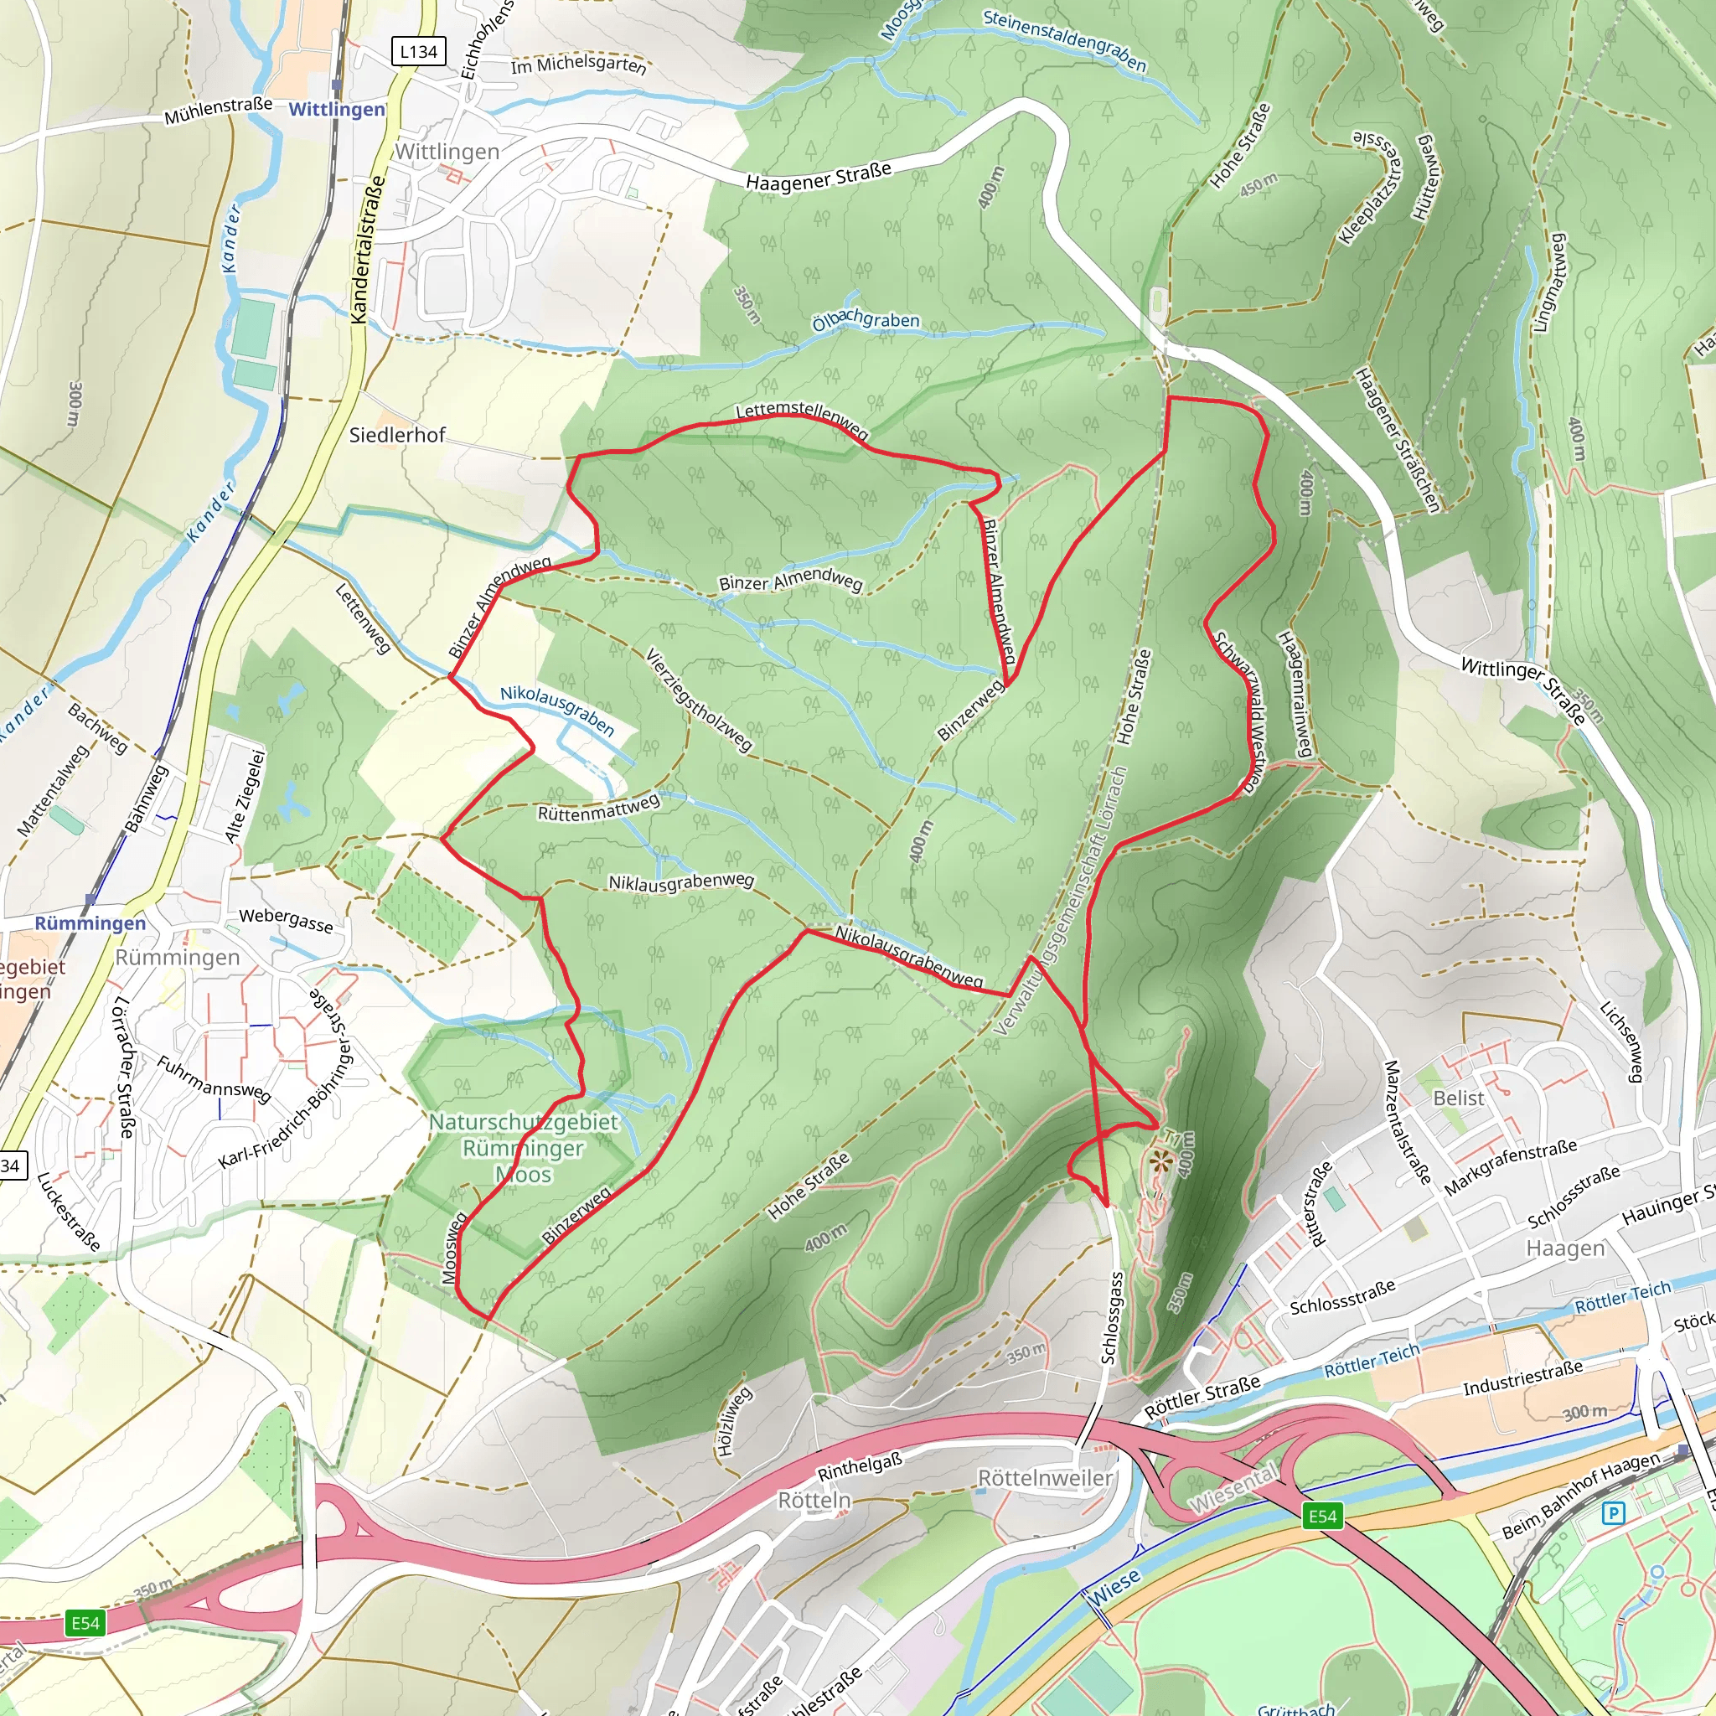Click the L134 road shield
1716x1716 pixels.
click(x=418, y=51)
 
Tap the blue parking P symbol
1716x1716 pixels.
click(x=1613, y=1512)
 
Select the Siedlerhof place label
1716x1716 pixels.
click(x=397, y=434)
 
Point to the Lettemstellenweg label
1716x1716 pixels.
click(x=802, y=418)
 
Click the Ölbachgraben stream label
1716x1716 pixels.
click(x=866, y=320)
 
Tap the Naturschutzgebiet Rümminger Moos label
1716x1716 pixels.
click(x=523, y=1148)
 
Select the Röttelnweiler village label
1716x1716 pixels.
click(x=1045, y=1478)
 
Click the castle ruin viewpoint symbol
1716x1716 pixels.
click(x=1160, y=1160)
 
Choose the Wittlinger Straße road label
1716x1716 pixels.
click(x=1522, y=691)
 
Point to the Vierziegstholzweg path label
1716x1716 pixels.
click(x=699, y=700)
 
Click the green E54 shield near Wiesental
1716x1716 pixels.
click(x=1322, y=1515)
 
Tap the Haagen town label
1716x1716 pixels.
click(x=1565, y=1248)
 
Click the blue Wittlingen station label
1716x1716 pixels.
click(x=337, y=109)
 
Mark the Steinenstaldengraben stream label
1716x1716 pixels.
click(x=1065, y=40)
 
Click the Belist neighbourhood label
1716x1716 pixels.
click(x=1459, y=1098)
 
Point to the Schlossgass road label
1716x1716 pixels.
click(x=1112, y=1317)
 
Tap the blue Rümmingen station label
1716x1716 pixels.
click(x=90, y=923)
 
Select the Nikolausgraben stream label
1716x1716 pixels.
click(x=557, y=710)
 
